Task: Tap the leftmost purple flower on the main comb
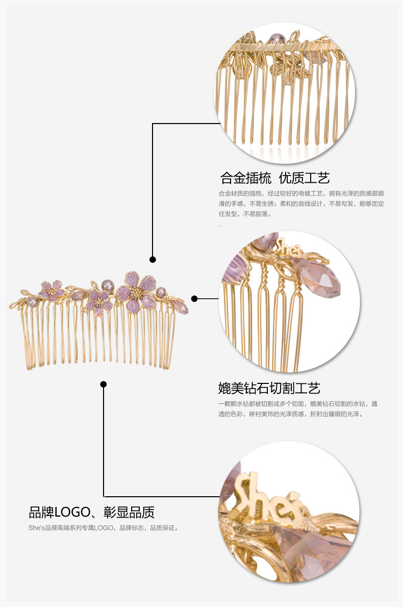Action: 52,290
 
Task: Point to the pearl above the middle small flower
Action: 108,284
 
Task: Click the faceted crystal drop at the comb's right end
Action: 181,307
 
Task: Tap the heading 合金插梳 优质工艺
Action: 275,178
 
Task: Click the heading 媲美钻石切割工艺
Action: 269,389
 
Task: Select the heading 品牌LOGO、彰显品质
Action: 91,512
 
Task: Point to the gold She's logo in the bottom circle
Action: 270,492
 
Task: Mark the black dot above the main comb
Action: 153,259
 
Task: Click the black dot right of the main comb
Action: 194,299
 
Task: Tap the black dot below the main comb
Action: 104,384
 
